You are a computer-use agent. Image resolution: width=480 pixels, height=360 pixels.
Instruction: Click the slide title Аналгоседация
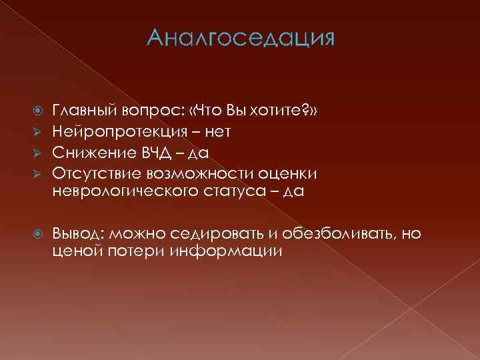click(x=240, y=39)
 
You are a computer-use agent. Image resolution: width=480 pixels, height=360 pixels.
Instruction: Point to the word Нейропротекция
click(x=113, y=132)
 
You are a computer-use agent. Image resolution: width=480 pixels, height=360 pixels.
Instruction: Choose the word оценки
click(x=284, y=173)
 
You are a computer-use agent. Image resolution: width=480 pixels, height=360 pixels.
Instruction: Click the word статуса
click(x=227, y=193)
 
